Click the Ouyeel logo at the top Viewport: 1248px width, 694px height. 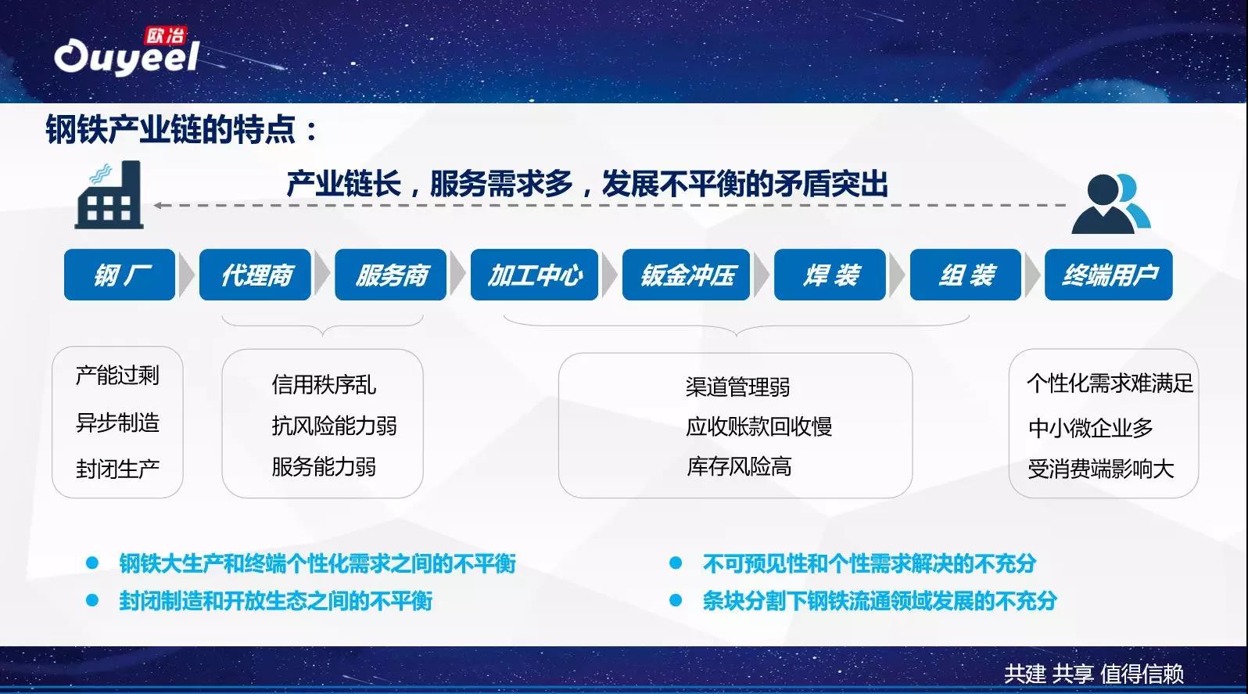(x=127, y=52)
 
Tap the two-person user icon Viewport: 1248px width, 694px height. (x=1111, y=203)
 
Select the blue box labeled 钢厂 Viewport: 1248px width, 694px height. (x=120, y=275)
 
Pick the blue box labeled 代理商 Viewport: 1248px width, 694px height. (x=255, y=275)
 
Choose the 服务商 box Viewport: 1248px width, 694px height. (x=390, y=275)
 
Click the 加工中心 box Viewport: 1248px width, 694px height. (x=534, y=275)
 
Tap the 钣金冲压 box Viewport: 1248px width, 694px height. (x=686, y=275)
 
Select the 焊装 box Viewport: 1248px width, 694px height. (x=830, y=275)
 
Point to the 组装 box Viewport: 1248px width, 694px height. (x=966, y=275)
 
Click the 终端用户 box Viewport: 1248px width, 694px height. (x=1109, y=275)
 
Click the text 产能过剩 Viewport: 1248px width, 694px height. (x=117, y=376)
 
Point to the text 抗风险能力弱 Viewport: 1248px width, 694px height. (x=335, y=426)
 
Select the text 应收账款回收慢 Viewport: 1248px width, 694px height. (x=758, y=427)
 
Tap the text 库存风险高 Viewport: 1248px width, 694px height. (x=739, y=466)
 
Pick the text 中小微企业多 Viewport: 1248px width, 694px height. (x=1090, y=428)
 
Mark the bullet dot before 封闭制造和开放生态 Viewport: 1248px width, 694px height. (x=92, y=600)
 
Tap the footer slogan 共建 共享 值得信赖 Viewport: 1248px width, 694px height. (x=1094, y=674)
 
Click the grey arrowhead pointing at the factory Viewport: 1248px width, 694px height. (x=158, y=205)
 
